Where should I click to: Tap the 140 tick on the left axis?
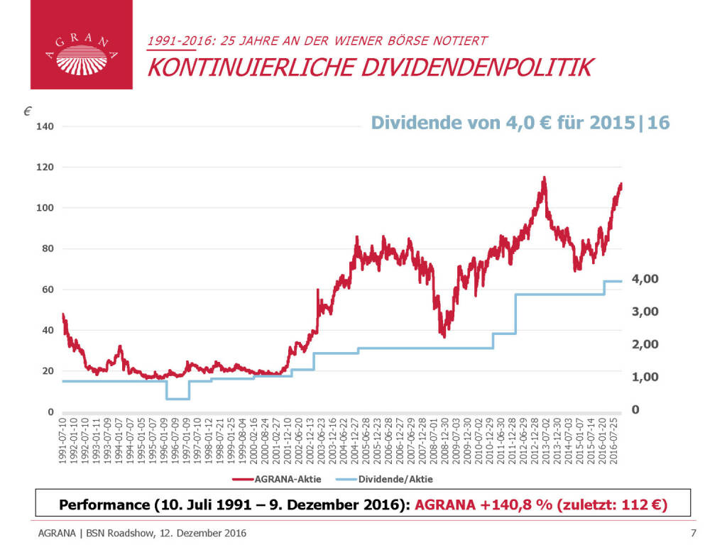point(45,126)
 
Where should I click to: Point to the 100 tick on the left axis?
point(45,208)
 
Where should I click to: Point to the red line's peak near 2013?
point(544,178)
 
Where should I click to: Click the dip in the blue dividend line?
point(177,399)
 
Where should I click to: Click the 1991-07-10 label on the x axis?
point(63,442)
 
